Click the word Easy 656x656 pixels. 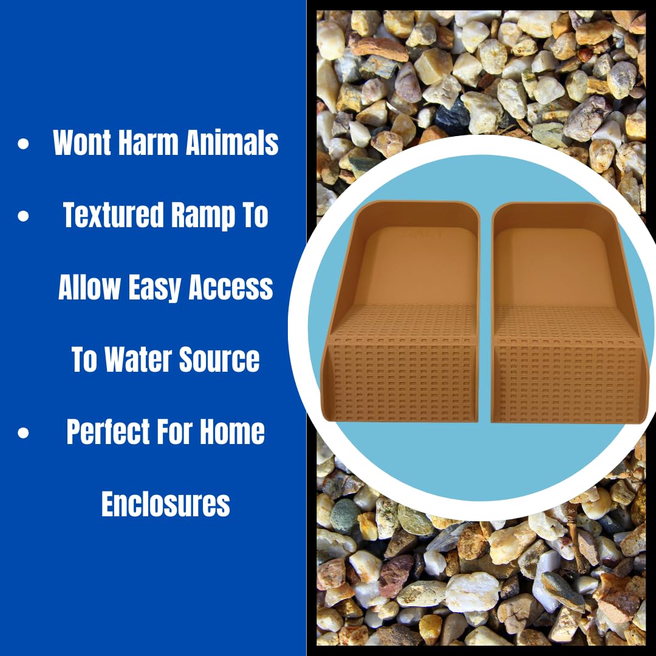click(x=155, y=287)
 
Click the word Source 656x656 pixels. click(x=222, y=360)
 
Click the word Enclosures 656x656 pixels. click(x=165, y=504)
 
